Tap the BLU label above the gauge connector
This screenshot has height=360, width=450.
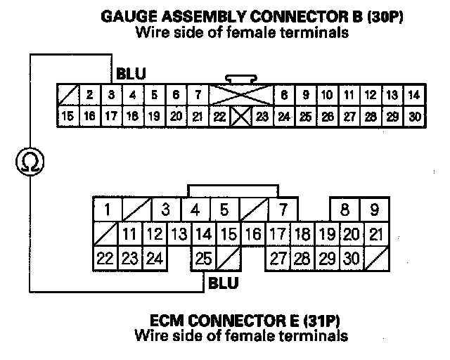pos(131,72)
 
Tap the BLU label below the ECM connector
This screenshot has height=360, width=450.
pos(224,283)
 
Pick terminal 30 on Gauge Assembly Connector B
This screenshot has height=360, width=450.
pos(414,115)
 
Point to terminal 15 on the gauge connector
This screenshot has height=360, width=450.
pos(67,115)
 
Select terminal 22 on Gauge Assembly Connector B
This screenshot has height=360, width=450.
pos(219,116)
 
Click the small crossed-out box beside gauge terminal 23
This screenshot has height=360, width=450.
pos(240,116)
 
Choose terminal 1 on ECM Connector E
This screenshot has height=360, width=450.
pos(107,210)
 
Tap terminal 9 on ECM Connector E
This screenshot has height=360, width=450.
pos(374,210)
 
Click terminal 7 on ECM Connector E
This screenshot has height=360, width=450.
pos(283,210)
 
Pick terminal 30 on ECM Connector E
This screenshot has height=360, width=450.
pos(351,259)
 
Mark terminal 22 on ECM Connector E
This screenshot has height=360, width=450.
pos(105,259)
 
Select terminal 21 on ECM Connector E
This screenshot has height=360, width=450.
pos(376,234)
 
